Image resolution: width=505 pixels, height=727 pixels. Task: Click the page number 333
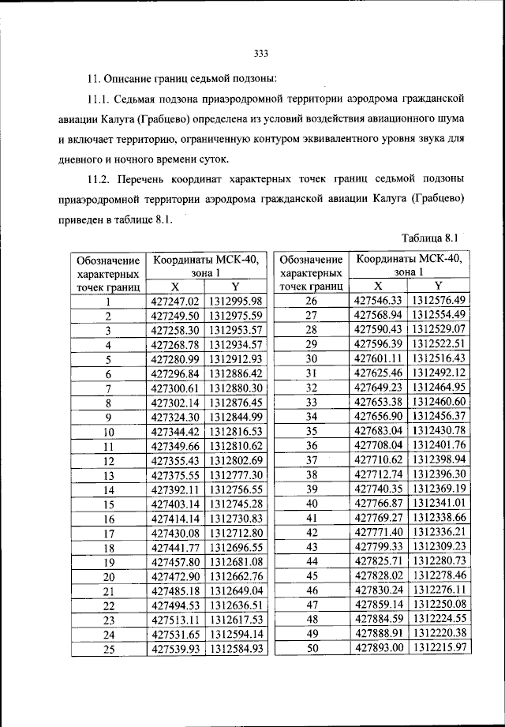point(262,54)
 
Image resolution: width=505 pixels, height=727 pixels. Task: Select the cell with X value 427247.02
point(176,301)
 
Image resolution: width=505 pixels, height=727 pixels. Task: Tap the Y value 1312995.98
point(234,301)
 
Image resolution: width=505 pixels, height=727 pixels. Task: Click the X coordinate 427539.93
point(176,649)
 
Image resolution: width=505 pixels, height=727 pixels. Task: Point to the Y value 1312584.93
point(234,649)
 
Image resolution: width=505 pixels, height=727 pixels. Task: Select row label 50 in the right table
point(311,647)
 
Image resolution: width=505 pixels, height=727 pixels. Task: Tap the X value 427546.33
point(379,300)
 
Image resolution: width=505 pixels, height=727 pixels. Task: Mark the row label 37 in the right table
point(311,459)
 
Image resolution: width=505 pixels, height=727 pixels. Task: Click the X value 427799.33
point(379,546)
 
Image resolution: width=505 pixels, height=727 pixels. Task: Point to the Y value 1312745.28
point(234,504)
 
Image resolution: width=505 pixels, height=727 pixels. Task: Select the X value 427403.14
point(176,504)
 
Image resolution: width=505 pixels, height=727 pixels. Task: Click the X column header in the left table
point(175,287)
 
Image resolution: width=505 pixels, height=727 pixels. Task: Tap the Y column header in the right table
point(439,286)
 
